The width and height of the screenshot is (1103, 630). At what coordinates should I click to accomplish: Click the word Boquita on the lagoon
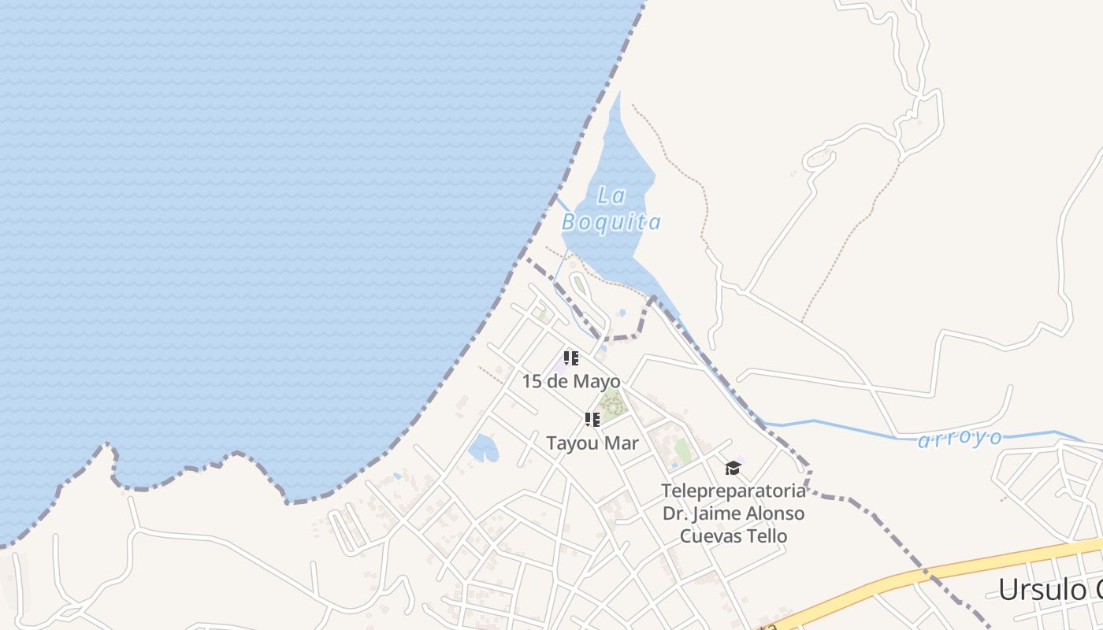click(x=611, y=223)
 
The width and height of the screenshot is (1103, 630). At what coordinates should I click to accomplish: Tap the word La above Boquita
click(x=611, y=195)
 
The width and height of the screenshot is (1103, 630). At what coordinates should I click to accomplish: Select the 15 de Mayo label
click(x=571, y=381)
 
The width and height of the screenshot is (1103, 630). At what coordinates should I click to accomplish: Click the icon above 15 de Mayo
click(x=571, y=359)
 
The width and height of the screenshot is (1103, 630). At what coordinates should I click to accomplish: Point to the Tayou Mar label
click(x=592, y=443)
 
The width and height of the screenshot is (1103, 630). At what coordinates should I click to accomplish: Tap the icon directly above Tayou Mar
click(x=592, y=420)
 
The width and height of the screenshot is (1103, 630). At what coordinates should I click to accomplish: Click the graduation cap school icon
click(x=733, y=469)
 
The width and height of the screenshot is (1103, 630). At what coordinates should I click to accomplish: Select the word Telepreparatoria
click(x=733, y=491)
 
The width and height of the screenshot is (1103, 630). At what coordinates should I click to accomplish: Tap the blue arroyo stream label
click(x=960, y=439)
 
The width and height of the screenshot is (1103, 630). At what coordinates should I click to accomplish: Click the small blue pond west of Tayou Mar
click(x=482, y=449)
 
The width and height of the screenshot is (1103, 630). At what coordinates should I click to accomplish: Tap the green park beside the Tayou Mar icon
click(x=612, y=405)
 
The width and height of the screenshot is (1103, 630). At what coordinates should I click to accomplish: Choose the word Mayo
click(x=596, y=381)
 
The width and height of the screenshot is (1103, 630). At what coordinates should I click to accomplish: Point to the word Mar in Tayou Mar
click(x=622, y=443)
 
